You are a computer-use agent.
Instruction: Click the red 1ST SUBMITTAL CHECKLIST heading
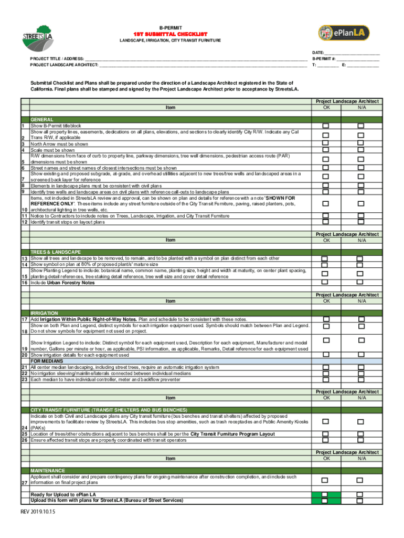coord(170,34)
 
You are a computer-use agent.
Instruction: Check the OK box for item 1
coord(326,126)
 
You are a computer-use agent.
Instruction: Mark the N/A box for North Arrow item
coord(360,142)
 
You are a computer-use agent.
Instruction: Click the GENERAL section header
coord(41,120)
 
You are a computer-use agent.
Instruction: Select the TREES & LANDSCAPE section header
coord(56,252)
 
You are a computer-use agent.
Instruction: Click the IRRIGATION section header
coord(44,313)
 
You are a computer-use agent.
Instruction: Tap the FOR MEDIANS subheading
coord(46,361)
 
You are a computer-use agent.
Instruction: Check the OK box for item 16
coord(326,283)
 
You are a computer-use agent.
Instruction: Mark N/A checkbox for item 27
coord(360,480)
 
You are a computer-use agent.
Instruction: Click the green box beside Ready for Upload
coord(326,495)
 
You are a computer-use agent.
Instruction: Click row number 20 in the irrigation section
coord(24,355)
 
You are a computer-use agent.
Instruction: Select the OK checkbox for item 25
coord(326,434)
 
